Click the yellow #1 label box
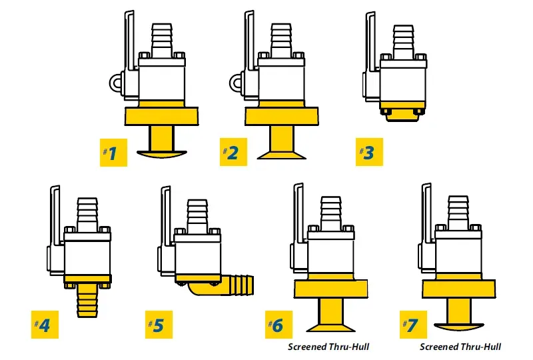[110, 153]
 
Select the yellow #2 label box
[229, 153]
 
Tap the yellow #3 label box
[368, 153]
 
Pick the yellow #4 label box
[41, 325]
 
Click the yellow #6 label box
[275, 325]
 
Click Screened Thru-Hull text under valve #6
[328, 347]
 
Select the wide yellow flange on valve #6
[329, 288]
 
